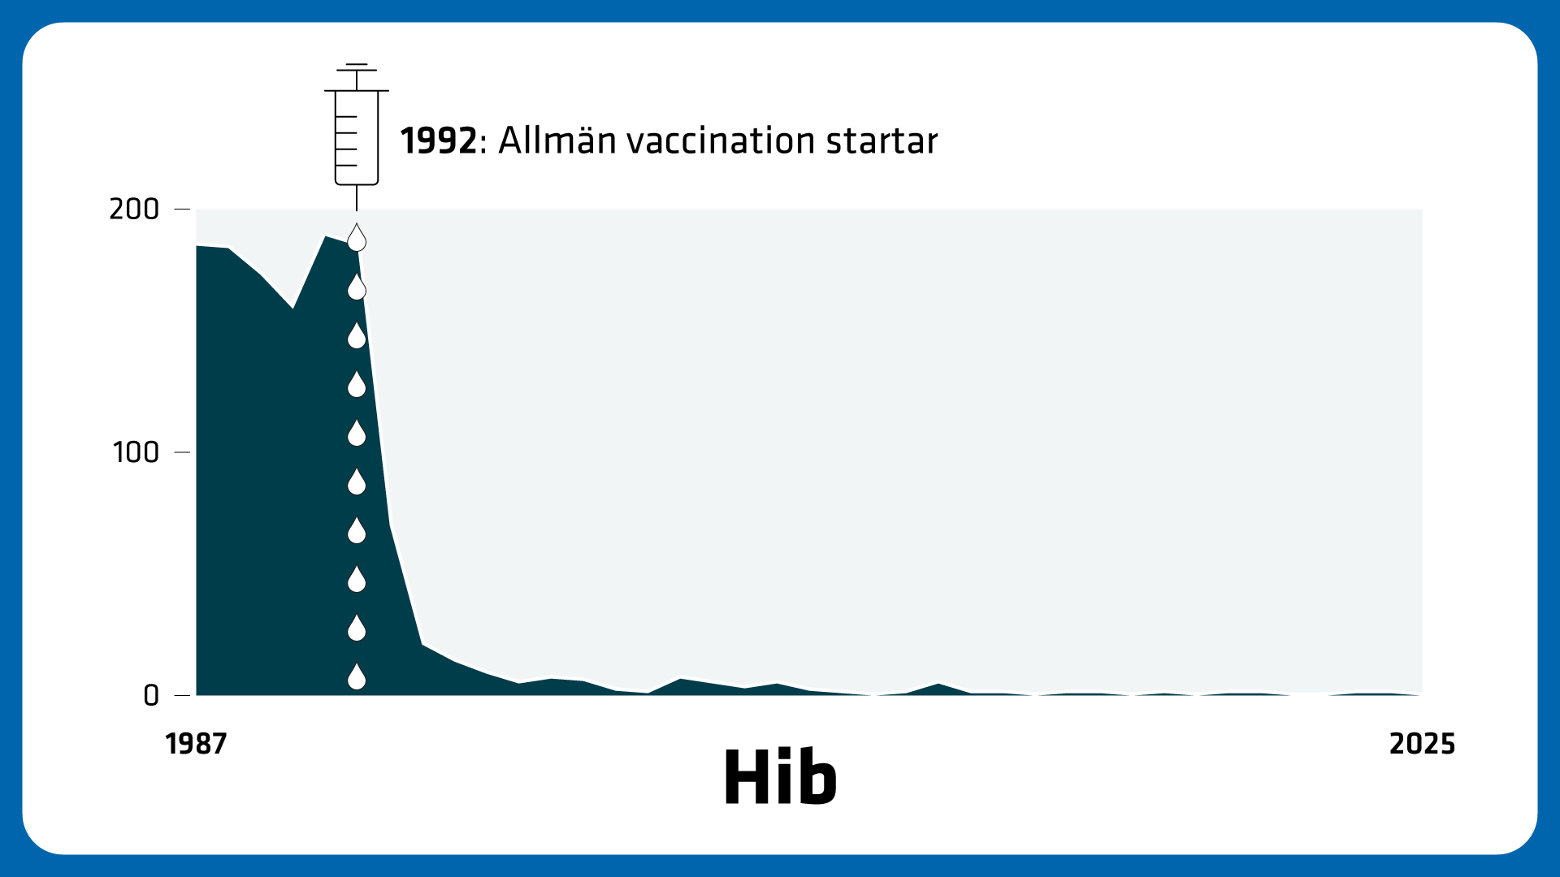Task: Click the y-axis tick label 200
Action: point(134,210)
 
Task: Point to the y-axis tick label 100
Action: point(136,452)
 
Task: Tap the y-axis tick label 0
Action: point(151,696)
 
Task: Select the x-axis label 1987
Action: point(196,744)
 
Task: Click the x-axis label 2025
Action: point(1422,744)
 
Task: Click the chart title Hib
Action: point(780,777)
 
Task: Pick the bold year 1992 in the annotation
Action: point(439,140)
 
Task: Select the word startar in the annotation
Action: point(882,141)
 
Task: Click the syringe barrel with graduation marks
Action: point(357,137)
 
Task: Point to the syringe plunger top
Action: point(357,64)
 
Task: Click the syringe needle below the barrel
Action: point(357,198)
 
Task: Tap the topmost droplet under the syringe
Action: point(357,238)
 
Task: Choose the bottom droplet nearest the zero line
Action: point(357,676)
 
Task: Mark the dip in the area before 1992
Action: point(292,309)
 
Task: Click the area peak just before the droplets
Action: point(325,236)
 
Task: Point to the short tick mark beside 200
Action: point(182,210)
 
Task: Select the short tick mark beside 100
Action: point(182,452)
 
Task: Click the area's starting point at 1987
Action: point(197,245)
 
